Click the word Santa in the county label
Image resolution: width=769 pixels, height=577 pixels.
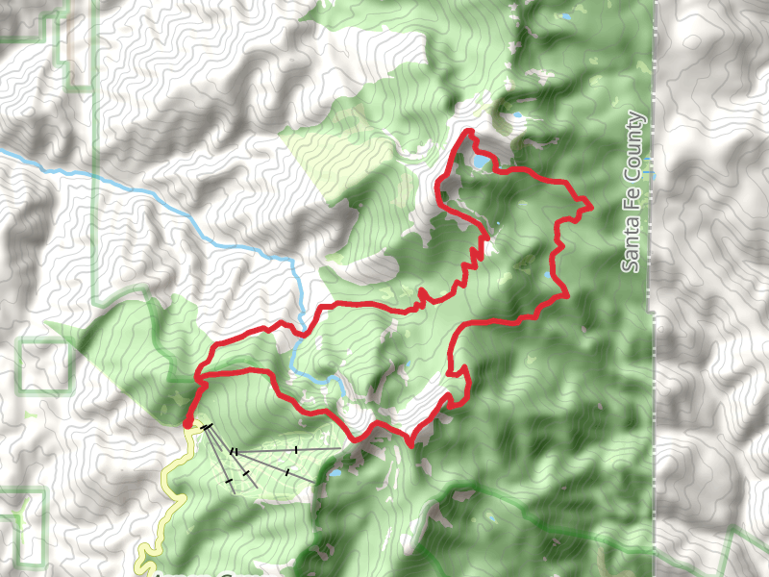pyautogui.click(x=631, y=244)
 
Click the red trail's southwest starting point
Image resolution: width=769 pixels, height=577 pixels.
pyautogui.click(x=186, y=422)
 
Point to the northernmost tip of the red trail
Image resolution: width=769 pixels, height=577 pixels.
pyautogui.click(x=468, y=131)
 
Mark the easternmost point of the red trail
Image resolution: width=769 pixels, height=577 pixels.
pyautogui.click(x=589, y=207)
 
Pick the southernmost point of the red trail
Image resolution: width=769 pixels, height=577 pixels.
pyautogui.click(x=411, y=445)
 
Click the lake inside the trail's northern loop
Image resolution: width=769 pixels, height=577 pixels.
pyautogui.click(x=478, y=163)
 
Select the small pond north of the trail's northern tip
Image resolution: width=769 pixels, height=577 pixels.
pyautogui.click(x=517, y=115)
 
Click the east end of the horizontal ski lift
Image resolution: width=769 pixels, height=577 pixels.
pyautogui.click(x=338, y=448)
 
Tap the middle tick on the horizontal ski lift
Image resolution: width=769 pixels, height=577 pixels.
pyautogui.click(x=297, y=449)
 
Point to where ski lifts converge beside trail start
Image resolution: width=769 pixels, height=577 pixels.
pyautogui.click(x=204, y=426)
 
